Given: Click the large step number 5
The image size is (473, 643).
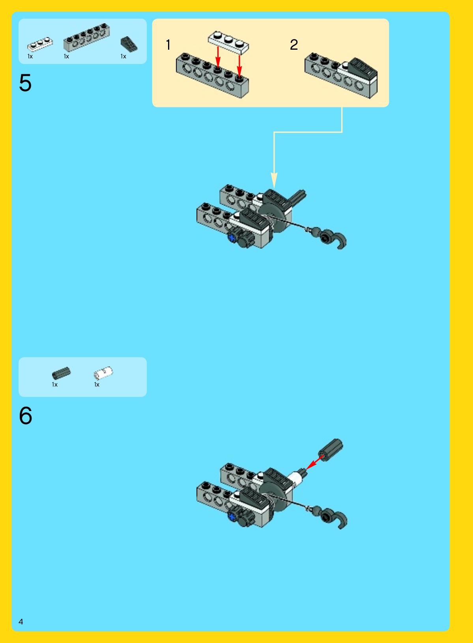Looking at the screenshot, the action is [x=25, y=83].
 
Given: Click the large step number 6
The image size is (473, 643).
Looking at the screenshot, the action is [x=26, y=415].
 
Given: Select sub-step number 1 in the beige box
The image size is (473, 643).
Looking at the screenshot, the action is [x=168, y=45].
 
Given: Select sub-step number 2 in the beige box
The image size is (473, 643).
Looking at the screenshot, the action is [x=294, y=45].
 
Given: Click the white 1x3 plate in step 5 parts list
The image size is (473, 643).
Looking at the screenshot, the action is [x=40, y=44].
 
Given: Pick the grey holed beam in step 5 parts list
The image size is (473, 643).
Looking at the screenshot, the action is [x=86, y=37].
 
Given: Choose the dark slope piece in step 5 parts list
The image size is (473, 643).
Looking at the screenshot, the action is [x=129, y=45].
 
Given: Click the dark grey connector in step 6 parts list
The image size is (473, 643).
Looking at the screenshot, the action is [x=62, y=373].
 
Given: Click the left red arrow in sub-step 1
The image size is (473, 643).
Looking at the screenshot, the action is [x=218, y=57].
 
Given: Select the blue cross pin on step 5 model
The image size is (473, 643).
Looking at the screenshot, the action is [x=232, y=237].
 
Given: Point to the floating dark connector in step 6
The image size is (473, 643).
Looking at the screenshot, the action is [x=330, y=450].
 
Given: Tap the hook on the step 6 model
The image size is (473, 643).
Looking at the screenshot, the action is [x=337, y=518].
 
